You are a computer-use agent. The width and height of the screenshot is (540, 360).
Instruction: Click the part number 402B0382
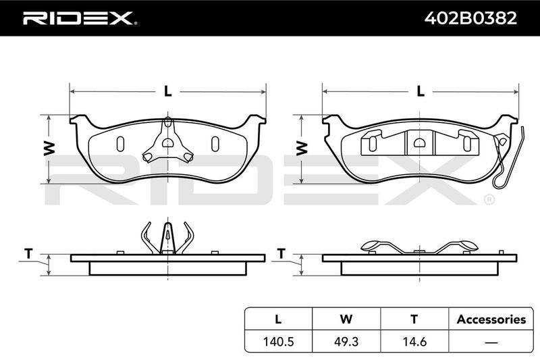470,18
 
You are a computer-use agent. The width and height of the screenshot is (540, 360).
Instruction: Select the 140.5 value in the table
278,341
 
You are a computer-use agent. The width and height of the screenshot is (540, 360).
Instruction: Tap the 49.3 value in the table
346,341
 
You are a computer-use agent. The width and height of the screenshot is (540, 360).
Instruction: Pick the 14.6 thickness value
414,341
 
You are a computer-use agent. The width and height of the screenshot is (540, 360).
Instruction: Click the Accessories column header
491,319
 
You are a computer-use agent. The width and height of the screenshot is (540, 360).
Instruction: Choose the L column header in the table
278,319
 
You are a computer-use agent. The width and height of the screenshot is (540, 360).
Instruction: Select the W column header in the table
346,319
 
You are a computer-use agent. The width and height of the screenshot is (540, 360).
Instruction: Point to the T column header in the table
414,319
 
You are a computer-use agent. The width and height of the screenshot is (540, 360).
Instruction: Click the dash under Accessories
491,342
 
